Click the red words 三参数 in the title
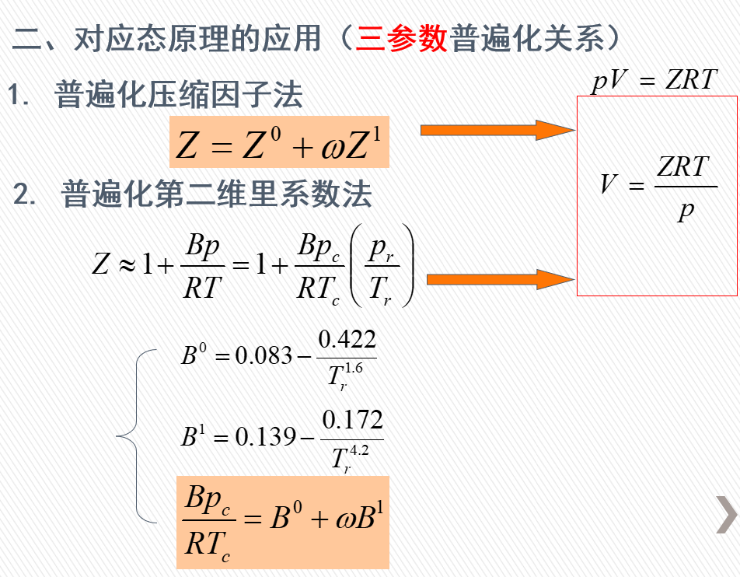pyautogui.click(x=402, y=37)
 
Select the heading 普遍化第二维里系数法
pyautogui.click(x=217, y=194)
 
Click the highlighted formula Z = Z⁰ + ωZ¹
pyautogui.click(x=279, y=142)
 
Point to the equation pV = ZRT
pyautogui.click(x=654, y=79)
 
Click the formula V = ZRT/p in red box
pyautogui.click(x=658, y=187)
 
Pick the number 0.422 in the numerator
pyautogui.click(x=347, y=339)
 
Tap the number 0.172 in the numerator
pyautogui.click(x=352, y=421)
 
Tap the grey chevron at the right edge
pyautogui.click(x=726, y=514)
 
